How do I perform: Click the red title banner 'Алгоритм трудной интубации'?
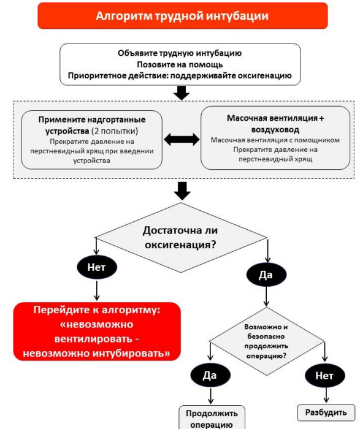tap(183, 16)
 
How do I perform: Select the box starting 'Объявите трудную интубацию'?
tap(180, 64)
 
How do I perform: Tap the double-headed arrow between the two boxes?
tap(182, 140)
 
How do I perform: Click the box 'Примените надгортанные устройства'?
tap(92, 140)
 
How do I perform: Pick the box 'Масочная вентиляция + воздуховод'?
tap(275, 138)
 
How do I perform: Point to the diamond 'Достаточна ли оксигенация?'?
tap(181, 238)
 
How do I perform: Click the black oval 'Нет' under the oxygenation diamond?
tap(97, 267)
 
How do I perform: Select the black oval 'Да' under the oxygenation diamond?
tap(266, 275)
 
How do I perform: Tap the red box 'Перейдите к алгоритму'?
tap(97, 332)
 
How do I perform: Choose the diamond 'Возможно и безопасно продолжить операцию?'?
tap(266, 341)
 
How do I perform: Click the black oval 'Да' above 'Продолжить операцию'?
tap(210, 375)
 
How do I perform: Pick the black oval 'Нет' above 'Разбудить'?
tap(325, 375)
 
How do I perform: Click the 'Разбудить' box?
tap(326, 412)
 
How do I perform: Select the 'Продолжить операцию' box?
tap(212, 417)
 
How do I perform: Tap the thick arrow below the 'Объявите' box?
tap(182, 93)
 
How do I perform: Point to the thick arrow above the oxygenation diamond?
tap(182, 191)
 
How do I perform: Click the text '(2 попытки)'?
tap(115, 131)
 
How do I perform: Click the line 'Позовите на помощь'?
tap(180, 64)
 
